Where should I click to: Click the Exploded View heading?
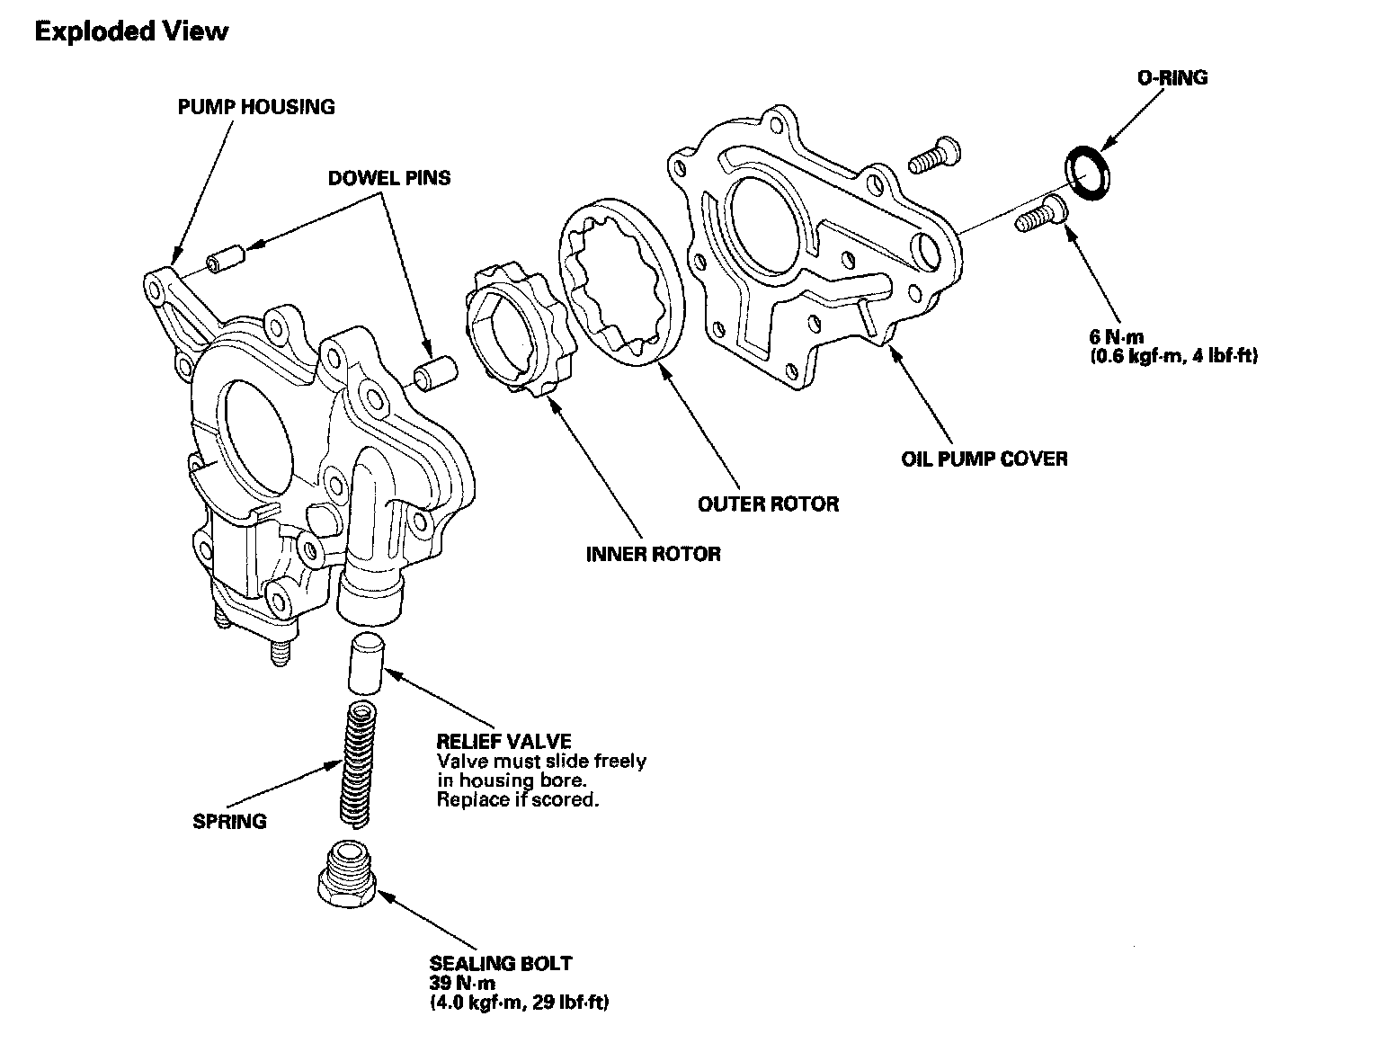coord(131,32)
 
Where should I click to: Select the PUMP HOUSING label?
coord(255,107)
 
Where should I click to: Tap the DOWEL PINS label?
coord(389,178)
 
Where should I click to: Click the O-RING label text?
coord(1172,78)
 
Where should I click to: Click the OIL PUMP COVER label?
coord(985,459)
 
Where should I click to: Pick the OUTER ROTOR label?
coord(768,504)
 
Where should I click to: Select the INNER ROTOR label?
coord(654,553)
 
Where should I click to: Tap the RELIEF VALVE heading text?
coord(503,742)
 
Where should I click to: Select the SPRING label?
coord(230,821)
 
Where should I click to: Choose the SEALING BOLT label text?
coord(500,964)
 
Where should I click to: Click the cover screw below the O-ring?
coord(1040,215)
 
